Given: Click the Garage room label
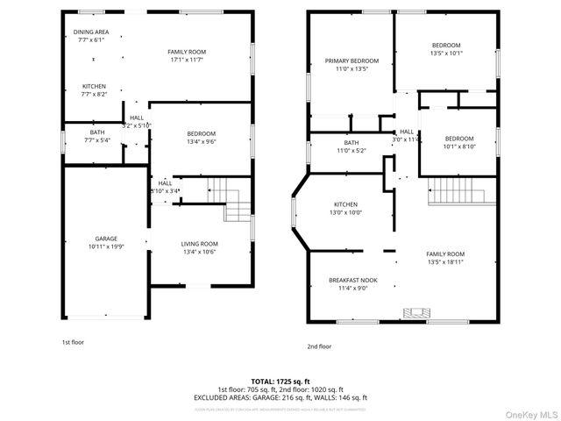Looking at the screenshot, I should click(106, 239).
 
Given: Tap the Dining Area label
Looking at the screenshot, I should click(90, 32).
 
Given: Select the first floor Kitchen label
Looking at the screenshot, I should click(94, 86).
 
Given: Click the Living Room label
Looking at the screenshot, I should click(199, 244).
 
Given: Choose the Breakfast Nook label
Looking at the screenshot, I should click(353, 281).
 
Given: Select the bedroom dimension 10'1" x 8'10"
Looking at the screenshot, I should click(458, 147).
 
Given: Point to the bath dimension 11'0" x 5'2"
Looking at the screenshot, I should click(352, 151).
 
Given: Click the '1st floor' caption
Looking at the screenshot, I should click(73, 341).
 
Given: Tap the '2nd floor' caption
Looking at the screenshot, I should click(320, 346).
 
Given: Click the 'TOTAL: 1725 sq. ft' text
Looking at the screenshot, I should click(280, 382).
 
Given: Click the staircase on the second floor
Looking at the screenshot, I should click(457, 189).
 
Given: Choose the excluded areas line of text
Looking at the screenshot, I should click(280, 397).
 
